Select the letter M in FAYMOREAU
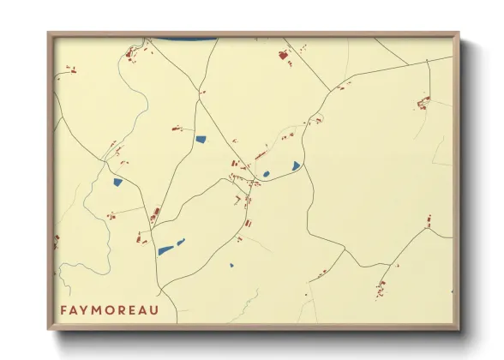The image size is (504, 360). click(101, 309)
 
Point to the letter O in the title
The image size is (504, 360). click(114, 309)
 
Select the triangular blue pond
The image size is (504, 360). click(296, 165)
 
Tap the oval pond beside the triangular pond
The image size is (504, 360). click(266, 174)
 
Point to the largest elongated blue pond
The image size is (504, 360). click(165, 250)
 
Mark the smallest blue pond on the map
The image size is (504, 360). click(231, 264)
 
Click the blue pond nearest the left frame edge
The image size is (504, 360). click(117, 182)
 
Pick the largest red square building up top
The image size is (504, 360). click(282, 56)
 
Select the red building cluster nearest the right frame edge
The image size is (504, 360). click(423, 104)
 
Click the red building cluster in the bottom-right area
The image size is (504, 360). click(381, 285)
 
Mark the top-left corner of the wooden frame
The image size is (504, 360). click(48, 33)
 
